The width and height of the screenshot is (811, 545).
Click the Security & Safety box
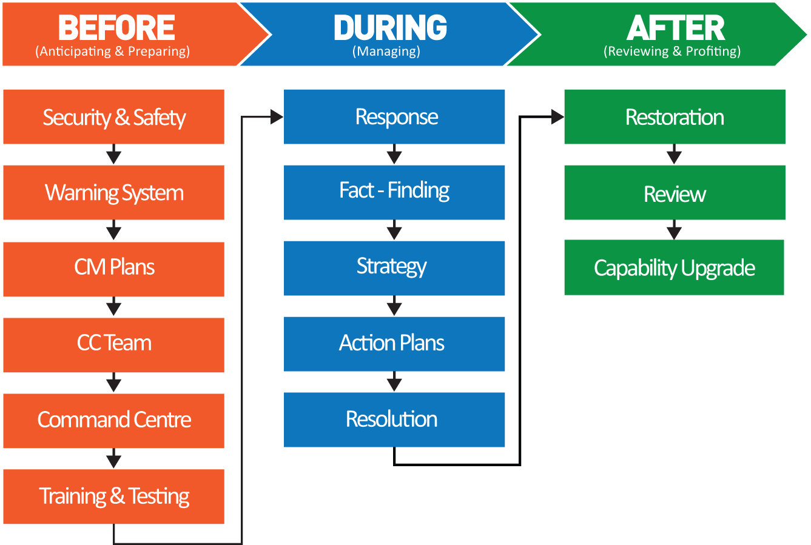click(x=113, y=117)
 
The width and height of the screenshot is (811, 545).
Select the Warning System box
click(x=113, y=193)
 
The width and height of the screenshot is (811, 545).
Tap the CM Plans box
click(x=113, y=269)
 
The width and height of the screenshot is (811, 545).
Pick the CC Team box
click(x=113, y=344)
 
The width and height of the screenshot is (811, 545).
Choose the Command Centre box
click(x=113, y=420)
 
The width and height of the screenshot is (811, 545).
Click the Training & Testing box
click(x=113, y=497)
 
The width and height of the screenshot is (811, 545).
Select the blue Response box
click(x=394, y=117)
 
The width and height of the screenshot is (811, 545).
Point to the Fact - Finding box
click(x=394, y=192)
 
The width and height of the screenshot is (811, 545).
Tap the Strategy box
click(x=394, y=268)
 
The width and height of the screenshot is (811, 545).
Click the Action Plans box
click(x=394, y=344)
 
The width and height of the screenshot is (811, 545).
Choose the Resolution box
click(x=394, y=420)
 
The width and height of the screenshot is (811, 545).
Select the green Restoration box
click(x=675, y=117)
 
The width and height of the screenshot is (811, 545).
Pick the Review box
click(x=675, y=193)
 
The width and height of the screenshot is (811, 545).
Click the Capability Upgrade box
click(x=674, y=267)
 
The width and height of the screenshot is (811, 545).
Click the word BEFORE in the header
click(x=116, y=28)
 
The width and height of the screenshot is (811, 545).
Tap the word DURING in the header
click(x=390, y=28)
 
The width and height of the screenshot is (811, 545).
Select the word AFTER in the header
click(x=675, y=28)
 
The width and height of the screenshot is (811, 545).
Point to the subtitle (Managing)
click(x=386, y=52)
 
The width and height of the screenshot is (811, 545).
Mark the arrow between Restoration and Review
click(x=674, y=155)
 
